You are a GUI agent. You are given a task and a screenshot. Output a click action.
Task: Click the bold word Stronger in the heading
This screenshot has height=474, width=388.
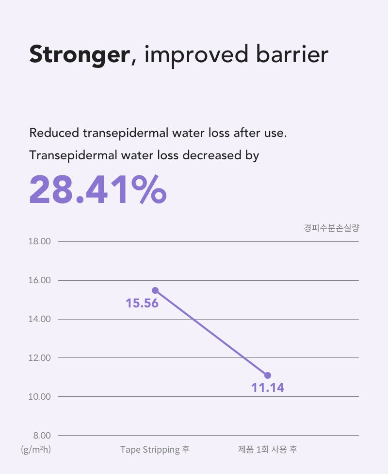[80, 55]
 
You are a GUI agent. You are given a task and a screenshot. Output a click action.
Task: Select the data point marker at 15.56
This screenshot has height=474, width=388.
[155, 290]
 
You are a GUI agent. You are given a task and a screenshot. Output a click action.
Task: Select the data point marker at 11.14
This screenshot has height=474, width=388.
[268, 375]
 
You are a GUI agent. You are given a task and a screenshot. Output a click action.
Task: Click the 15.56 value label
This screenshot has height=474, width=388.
[142, 303]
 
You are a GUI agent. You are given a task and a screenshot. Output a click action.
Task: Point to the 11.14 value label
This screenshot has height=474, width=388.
[268, 388]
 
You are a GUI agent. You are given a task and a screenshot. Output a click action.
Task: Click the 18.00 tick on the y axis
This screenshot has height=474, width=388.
[40, 241]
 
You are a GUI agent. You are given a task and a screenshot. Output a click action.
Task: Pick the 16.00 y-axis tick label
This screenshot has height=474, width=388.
[40, 280]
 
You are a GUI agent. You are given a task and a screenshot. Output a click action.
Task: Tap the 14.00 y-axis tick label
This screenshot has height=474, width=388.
[40, 319]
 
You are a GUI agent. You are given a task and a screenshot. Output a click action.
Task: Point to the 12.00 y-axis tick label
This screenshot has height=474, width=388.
[40, 358]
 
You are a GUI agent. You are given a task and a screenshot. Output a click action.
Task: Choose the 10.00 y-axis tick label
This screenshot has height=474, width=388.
[40, 397]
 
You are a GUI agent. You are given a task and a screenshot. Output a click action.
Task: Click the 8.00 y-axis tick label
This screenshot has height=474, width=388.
[42, 436]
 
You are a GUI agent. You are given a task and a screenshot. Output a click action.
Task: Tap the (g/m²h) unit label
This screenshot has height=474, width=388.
[36, 450]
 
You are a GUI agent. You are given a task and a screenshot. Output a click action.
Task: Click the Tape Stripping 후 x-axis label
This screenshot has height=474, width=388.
[155, 450]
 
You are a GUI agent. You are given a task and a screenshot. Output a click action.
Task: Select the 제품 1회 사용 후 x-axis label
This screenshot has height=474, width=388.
[268, 450]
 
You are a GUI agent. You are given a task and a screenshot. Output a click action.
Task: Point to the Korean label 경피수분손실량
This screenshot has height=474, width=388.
[332, 228]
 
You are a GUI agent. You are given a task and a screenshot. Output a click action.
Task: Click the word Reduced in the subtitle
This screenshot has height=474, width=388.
[54, 133]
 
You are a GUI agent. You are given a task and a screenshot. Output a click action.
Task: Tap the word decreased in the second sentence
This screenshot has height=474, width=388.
[212, 155]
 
